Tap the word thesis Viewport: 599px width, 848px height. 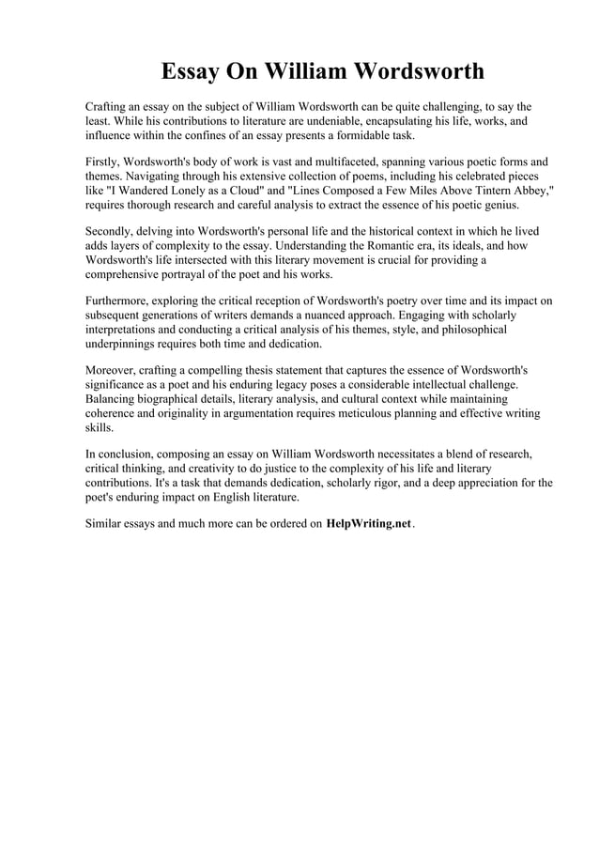277,370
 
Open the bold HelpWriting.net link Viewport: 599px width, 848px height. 368,523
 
